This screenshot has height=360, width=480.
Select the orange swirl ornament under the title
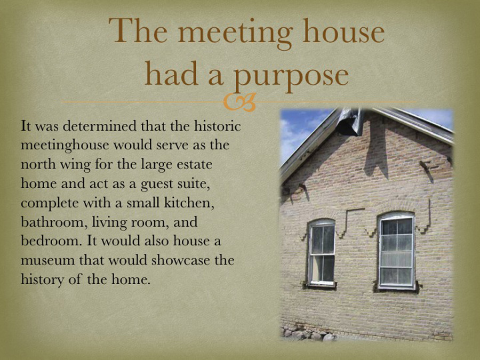pyautogui.click(x=239, y=102)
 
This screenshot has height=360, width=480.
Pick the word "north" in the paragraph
pyautogui.click(x=38, y=164)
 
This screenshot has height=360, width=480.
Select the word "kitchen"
pyautogui.click(x=189, y=203)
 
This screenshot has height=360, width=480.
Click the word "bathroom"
pyautogui.click(x=52, y=222)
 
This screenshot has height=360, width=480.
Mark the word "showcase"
pyautogui.click(x=180, y=260)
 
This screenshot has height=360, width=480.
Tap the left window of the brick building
pyautogui.click(x=322, y=253)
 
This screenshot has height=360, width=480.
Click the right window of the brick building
pyautogui.click(x=397, y=251)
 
